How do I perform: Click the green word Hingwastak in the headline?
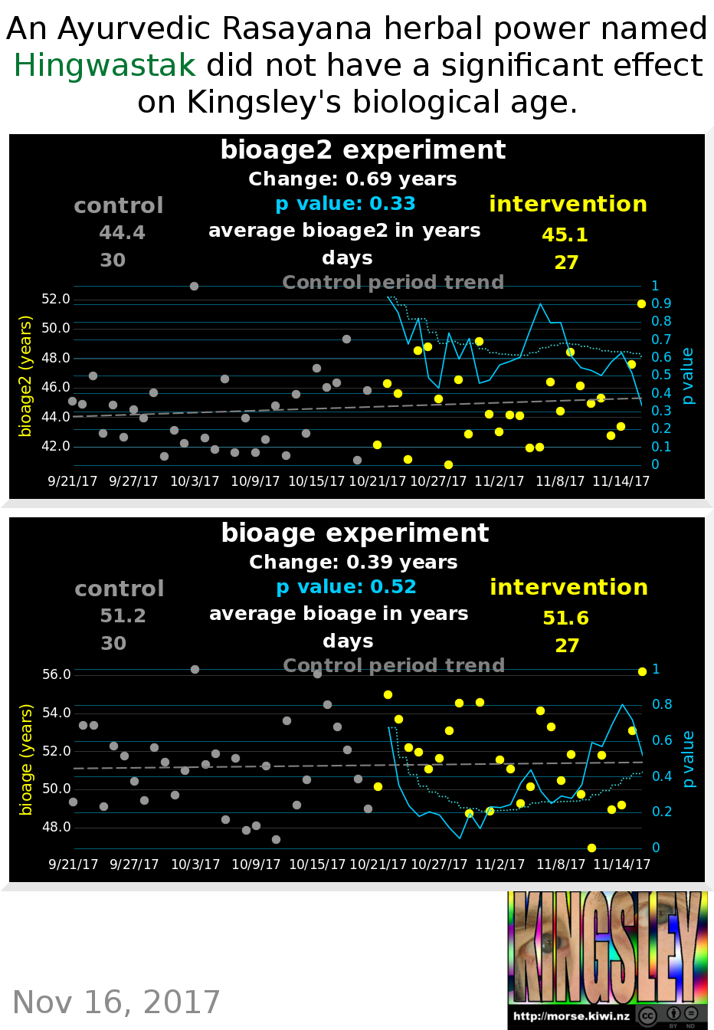click(x=105, y=66)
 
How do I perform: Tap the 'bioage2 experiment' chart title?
click(x=362, y=150)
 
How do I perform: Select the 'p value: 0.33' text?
click(x=346, y=204)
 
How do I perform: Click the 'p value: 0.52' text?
click(x=346, y=587)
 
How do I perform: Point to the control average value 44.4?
click(x=122, y=232)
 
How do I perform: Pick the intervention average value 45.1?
click(x=565, y=235)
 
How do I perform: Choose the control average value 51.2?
click(x=123, y=615)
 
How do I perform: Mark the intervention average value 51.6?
click(x=565, y=618)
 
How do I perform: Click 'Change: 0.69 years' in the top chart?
click(x=352, y=179)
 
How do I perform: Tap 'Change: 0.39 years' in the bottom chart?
click(x=353, y=563)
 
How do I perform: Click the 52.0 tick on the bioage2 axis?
click(x=55, y=299)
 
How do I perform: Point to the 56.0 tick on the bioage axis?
click(x=56, y=674)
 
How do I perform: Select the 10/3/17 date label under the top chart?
click(x=195, y=481)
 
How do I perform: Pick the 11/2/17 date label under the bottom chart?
click(x=499, y=864)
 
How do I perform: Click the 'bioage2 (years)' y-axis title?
click(x=25, y=376)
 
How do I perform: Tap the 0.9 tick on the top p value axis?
click(x=661, y=303)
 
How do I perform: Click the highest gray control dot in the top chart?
click(x=194, y=286)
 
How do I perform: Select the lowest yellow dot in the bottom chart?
click(x=591, y=848)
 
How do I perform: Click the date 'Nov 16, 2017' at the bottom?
click(x=116, y=1002)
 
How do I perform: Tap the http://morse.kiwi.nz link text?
click(x=572, y=1016)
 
